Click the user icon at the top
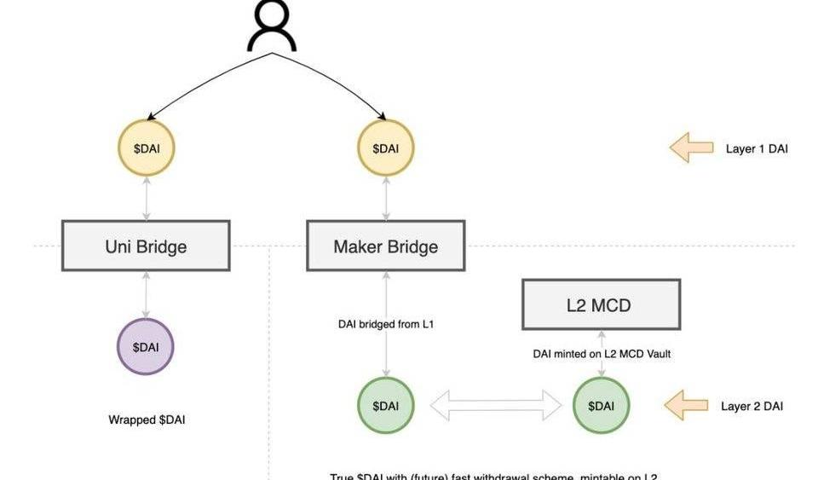271,26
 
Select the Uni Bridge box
146,246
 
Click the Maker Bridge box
385,246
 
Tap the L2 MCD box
601,304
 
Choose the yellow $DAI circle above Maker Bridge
385,148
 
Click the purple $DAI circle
145,347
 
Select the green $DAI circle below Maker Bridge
385,406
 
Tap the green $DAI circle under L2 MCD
601,406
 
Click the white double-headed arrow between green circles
495,406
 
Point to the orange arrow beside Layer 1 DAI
691,148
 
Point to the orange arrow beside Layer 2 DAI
686,406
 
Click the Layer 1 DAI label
757,149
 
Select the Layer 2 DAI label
752,407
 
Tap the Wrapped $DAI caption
147,420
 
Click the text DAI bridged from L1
387,324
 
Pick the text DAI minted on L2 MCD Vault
602,353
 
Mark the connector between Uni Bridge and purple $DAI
146,294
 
